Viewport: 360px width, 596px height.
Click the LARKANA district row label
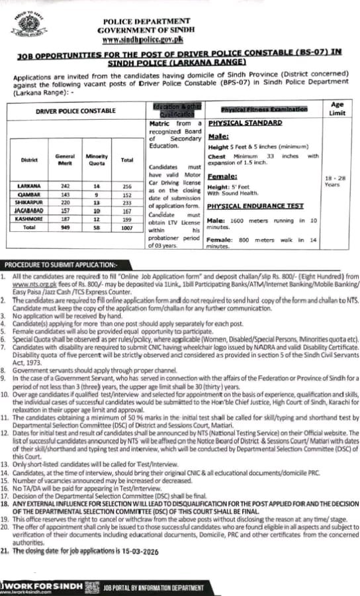pos(30,186)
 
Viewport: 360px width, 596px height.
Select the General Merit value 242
pos(64,186)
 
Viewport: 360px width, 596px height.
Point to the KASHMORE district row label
pos(30,217)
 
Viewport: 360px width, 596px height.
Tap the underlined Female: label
pos(222,176)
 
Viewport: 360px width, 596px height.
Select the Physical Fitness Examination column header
pos(264,108)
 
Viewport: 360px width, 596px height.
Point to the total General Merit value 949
pos(64,226)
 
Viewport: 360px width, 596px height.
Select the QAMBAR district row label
pos(30,194)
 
